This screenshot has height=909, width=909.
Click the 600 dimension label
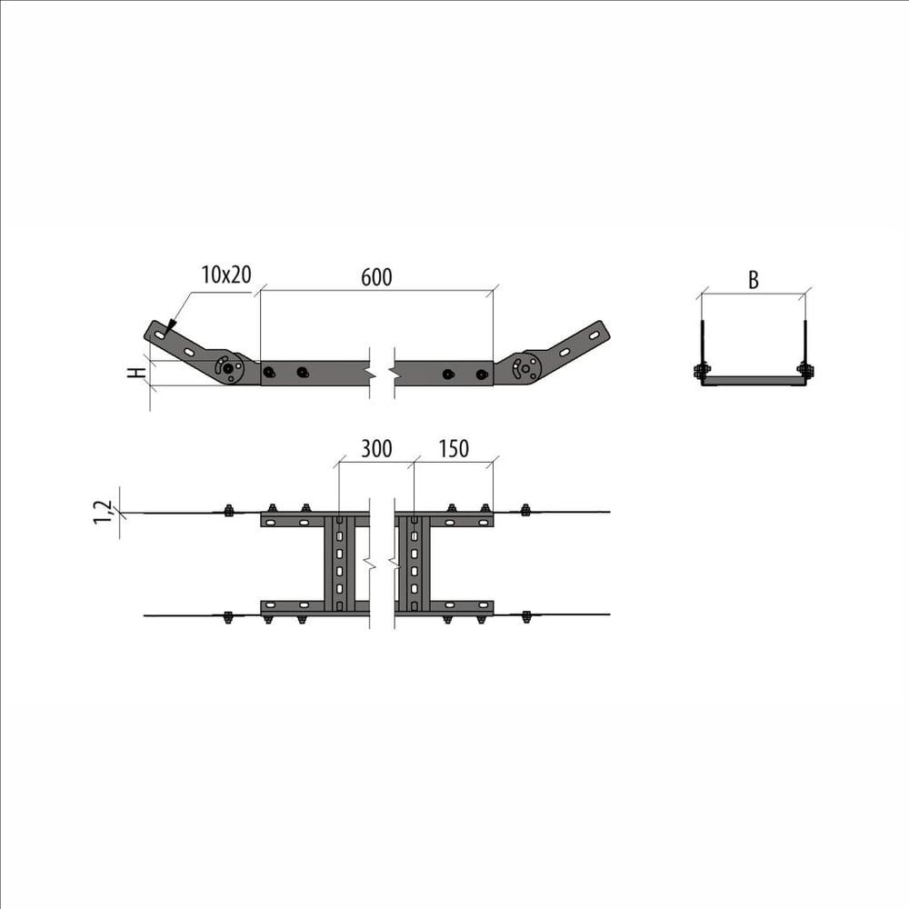[x=376, y=277]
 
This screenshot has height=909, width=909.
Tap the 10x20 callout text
[x=226, y=275]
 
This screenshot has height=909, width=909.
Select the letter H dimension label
[x=137, y=372]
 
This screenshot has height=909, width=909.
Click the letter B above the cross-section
[x=753, y=280]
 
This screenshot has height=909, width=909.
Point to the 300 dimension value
[x=376, y=449]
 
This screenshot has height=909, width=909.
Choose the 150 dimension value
[x=454, y=449]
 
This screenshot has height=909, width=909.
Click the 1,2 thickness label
[x=103, y=513]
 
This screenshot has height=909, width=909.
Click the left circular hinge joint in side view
[x=228, y=367]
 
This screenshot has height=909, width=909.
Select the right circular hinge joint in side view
[x=525, y=367]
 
